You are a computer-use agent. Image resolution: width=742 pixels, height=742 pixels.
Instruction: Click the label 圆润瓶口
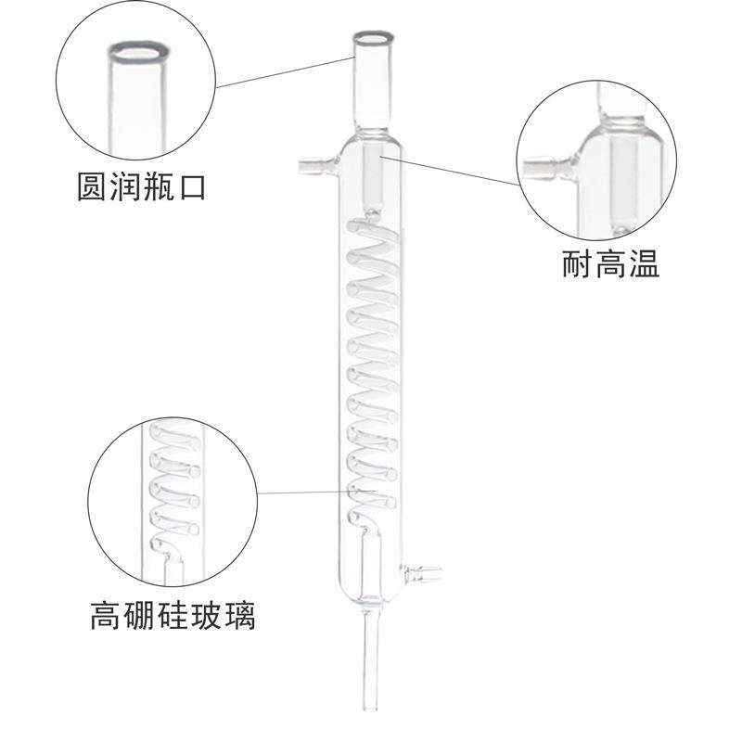[x=139, y=186]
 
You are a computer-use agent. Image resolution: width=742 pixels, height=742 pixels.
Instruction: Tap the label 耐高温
[x=610, y=263]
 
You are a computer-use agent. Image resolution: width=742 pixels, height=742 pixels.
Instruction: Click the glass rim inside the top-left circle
[x=139, y=51]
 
